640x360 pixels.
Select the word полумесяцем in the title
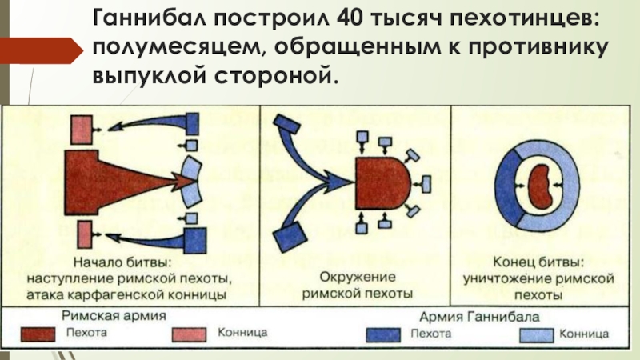(x=170, y=46)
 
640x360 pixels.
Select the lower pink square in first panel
(x=83, y=237)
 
